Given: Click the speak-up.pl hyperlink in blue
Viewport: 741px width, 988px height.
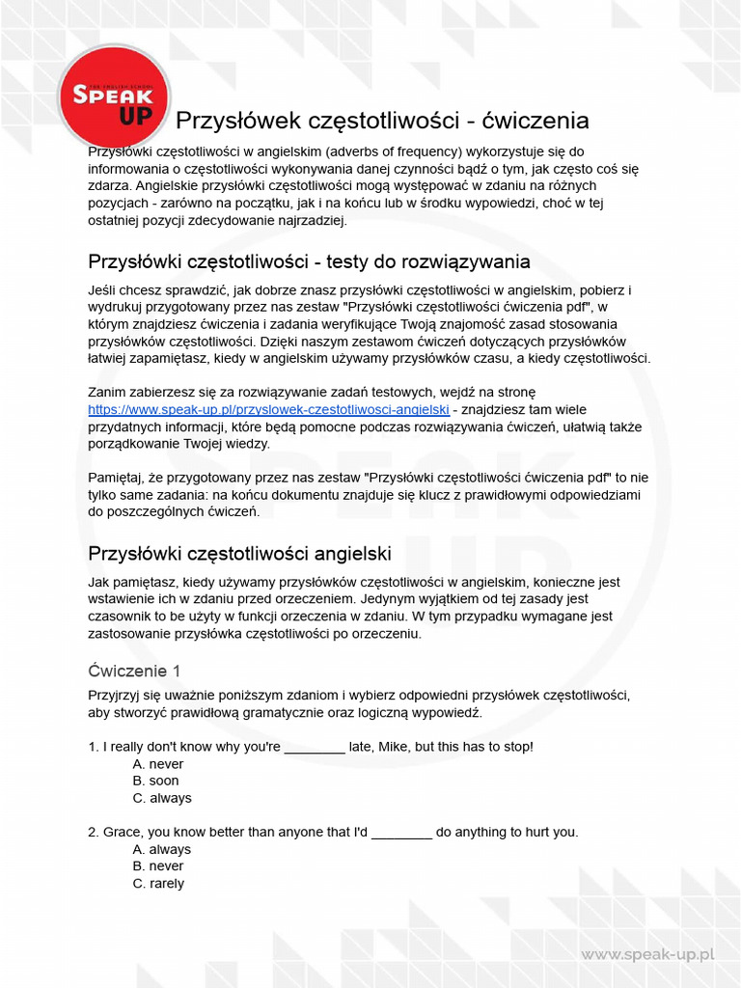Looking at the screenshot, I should coord(268,409).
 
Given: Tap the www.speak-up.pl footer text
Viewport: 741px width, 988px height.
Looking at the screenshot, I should coord(646,954).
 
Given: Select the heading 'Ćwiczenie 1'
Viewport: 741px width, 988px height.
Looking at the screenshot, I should coord(134,671).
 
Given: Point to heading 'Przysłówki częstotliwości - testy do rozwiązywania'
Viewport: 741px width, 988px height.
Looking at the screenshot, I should coord(309,261).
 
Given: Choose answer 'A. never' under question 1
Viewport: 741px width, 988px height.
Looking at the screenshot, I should coord(157,764).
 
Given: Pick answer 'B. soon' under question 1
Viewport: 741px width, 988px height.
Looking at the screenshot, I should coord(155,781).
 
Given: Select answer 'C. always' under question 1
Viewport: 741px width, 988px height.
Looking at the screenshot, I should coord(162,798).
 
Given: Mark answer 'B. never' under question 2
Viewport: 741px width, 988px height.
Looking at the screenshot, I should coord(157,866).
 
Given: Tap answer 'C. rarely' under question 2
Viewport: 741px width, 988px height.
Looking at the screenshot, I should coord(158,883).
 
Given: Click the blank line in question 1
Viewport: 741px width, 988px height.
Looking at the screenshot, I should coord(315,748).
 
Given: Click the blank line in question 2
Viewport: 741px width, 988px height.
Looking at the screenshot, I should coord(401,833).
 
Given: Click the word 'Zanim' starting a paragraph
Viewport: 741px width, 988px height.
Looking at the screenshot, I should coord(106,392).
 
